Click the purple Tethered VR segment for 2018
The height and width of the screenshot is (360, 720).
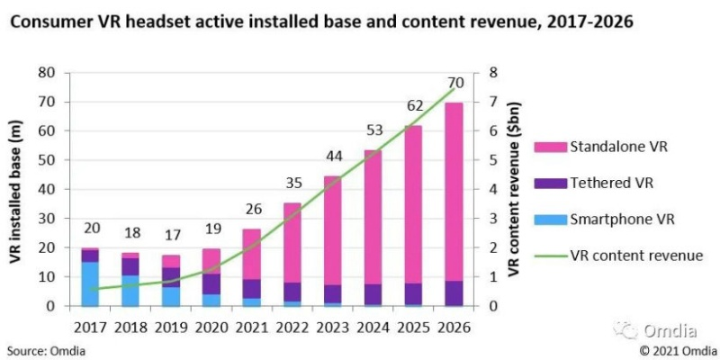point(131,266)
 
